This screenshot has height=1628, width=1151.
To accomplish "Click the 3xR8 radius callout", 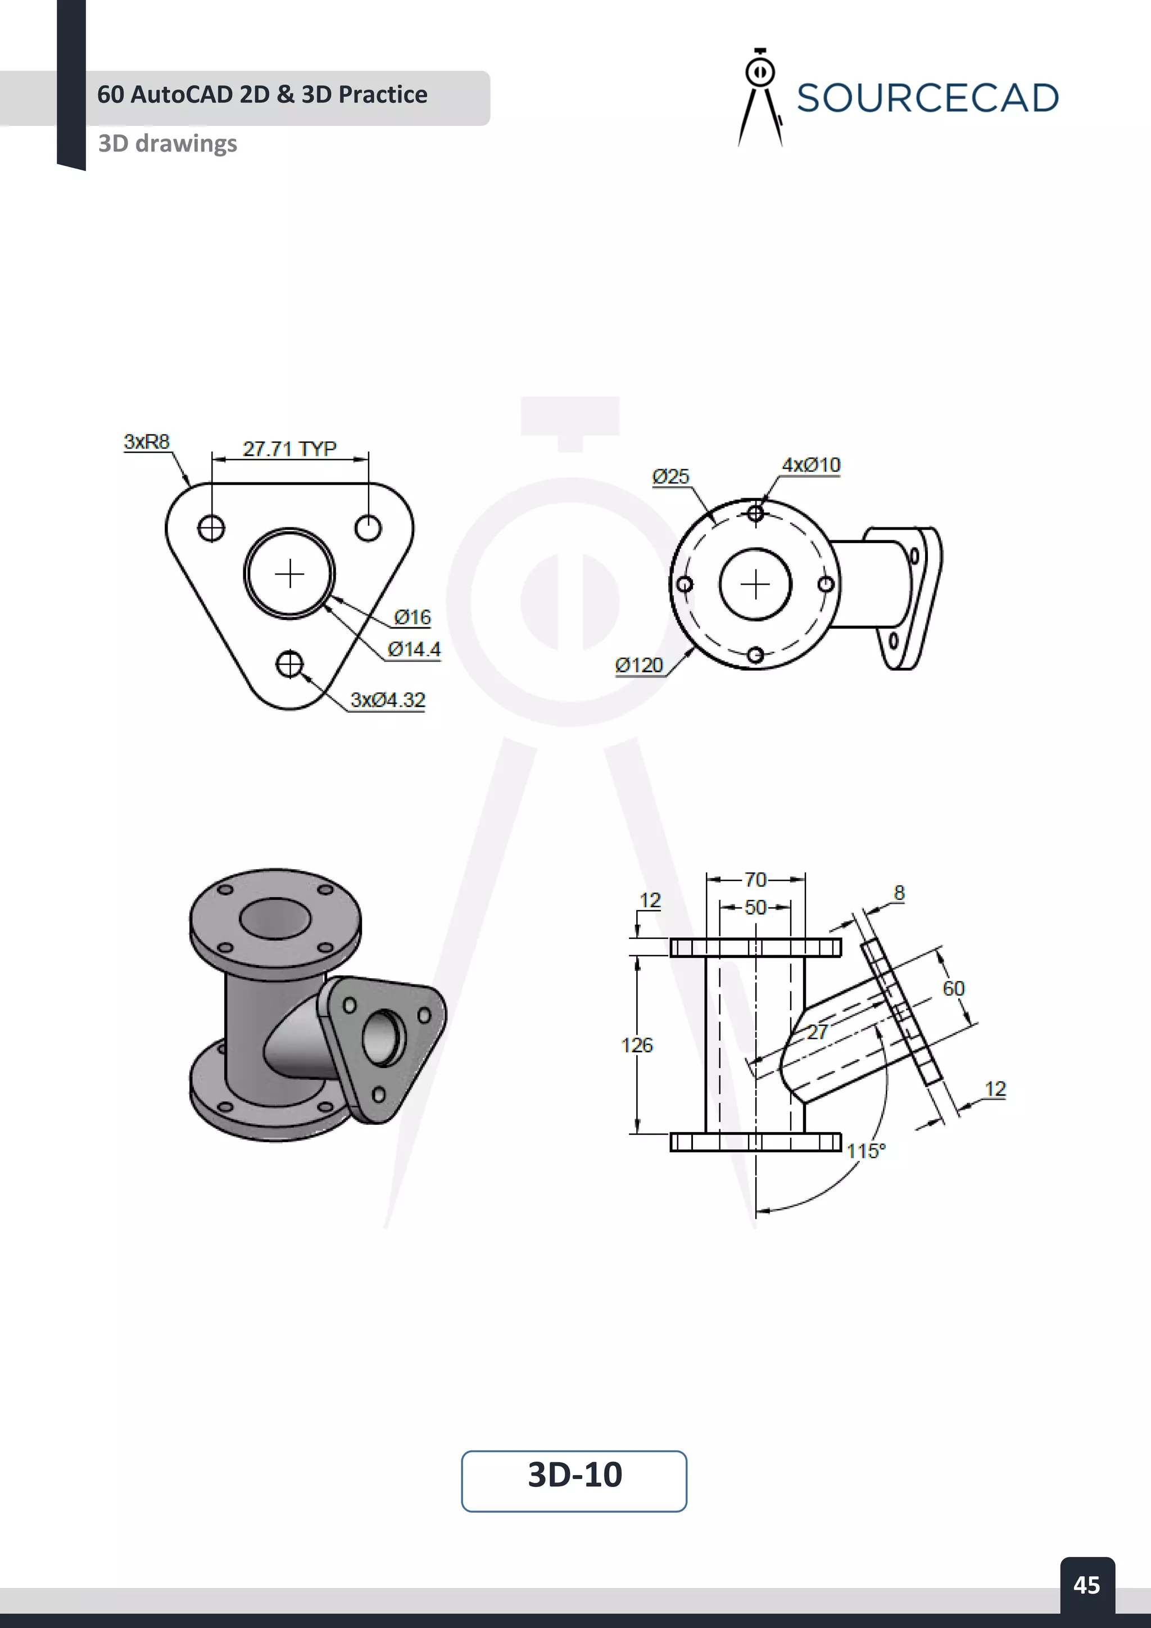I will [x=147, y=441].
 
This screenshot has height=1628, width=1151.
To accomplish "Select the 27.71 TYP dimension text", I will [x=289, y=449].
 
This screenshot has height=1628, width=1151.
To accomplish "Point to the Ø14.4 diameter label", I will [x=414, y=649].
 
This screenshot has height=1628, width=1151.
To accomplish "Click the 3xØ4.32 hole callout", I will [x=388, y=700].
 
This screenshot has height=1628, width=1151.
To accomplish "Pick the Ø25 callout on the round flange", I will [x=670, y=477].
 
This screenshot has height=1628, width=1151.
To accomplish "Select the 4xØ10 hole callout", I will [x=811, y=465].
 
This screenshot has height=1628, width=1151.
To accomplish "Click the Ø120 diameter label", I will [x=638, y=665].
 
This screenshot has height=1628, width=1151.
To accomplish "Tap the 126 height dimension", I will [x=636, y=1045].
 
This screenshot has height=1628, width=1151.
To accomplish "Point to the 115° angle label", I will [x=866, y=1151].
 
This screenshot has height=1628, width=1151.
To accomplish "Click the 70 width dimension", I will [x=755, y=880].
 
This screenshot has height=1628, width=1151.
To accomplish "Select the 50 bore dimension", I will [x=755, y=907].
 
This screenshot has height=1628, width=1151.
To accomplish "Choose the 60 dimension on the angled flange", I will [x=953, y=988].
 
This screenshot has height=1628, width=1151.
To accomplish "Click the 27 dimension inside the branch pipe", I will [x=817, y=1032].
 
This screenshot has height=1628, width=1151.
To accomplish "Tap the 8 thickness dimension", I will [x=899, y=893].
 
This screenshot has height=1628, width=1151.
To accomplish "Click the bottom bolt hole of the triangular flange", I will [x=289, y=664].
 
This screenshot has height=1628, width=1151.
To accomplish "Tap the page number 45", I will [x=1086, y=1585].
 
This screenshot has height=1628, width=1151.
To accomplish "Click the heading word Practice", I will [x=383, y=94].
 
